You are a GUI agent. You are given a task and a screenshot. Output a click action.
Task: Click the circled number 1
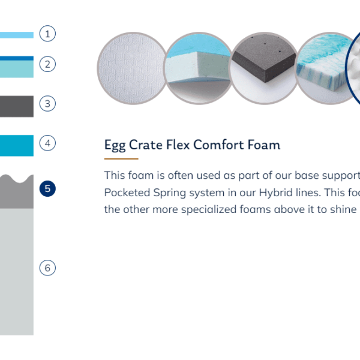[x=47, y=34]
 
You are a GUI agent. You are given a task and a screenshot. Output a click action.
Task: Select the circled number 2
[x=47, y=64]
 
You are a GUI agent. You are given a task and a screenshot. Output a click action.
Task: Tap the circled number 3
[x=47, y=104]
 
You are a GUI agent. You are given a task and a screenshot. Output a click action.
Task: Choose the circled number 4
[x=47, y=143]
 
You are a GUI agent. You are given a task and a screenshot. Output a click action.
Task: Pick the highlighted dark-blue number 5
[x=47, y=189]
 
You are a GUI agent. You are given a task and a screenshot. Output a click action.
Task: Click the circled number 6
[x=47, y=268]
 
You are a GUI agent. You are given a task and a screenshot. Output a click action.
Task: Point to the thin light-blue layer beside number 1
[x=17, y=35]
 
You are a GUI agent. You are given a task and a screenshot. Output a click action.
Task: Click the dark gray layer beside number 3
[x=17, y=106]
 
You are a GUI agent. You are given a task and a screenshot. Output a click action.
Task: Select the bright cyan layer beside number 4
[x=17, y=146]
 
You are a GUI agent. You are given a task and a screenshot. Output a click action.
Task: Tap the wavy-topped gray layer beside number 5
[x=17, y=193]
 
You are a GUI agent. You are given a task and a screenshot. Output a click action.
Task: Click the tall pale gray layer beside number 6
[x=17, y=272]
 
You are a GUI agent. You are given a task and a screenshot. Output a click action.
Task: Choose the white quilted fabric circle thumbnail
[x=132, y=68]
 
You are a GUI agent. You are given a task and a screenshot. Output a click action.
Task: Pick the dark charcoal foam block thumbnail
[x=264, y=68]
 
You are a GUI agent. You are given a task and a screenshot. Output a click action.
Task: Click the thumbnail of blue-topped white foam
[x=198, y=68]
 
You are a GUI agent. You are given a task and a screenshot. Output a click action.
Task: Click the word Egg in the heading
[x=115, y=145]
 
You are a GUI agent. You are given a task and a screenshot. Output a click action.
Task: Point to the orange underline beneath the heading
[x=121, y=158]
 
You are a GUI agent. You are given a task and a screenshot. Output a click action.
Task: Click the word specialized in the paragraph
[x=209, y=209]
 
